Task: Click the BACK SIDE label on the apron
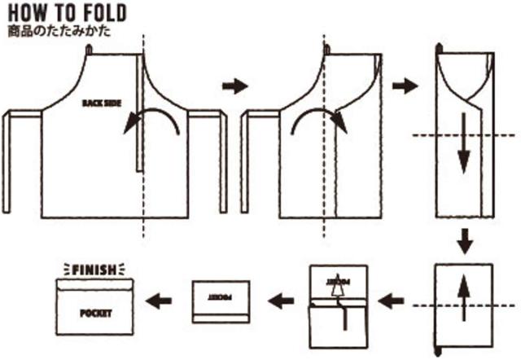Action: tap(101, 103)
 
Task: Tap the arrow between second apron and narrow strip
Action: tap(405, 85)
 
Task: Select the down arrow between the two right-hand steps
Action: tap(463, 240)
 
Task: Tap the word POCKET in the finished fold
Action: tap(95, 313)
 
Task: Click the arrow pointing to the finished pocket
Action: tap(159, 301)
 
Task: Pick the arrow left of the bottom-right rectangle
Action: tap(392, 301)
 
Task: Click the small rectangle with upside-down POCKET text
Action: tap(220, 301)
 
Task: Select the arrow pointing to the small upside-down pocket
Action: tap(282, 301)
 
